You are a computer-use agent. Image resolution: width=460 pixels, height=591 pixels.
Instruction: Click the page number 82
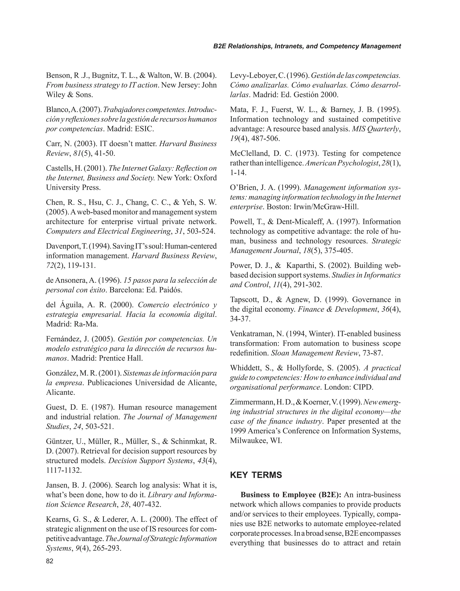coord(50,561)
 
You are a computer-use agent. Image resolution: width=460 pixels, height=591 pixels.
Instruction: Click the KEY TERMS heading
coord(256,475)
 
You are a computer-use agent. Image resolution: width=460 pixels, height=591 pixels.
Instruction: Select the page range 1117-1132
coord(64,470)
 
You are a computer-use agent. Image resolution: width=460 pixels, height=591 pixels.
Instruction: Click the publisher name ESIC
coord(146,129)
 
